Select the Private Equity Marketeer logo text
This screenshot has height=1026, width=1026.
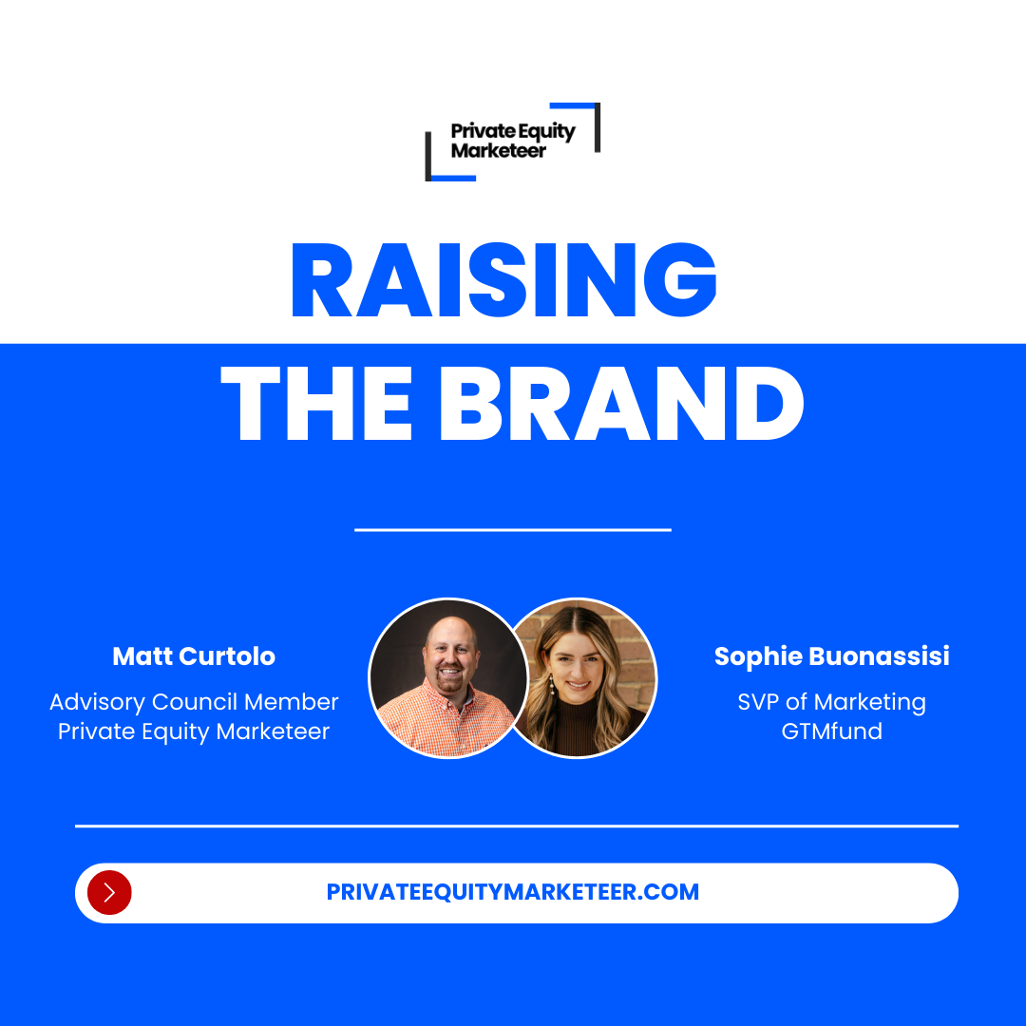(x=512, y=141)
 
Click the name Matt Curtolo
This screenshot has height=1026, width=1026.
(x=194, y=656)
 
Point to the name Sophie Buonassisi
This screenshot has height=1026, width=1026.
(x=831, y=656)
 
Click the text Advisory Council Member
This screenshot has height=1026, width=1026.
(x=194, y=702)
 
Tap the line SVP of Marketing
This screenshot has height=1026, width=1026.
(x=831, y=702)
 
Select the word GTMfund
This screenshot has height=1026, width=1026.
(x=831, y=731)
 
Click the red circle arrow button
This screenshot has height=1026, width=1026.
(x=109, y=892)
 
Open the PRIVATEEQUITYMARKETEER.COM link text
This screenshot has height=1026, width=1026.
(x=513, y=892)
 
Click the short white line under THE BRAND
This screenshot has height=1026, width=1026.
(x=513, y=529)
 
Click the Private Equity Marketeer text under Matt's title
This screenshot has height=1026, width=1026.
(x=194, y=731)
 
